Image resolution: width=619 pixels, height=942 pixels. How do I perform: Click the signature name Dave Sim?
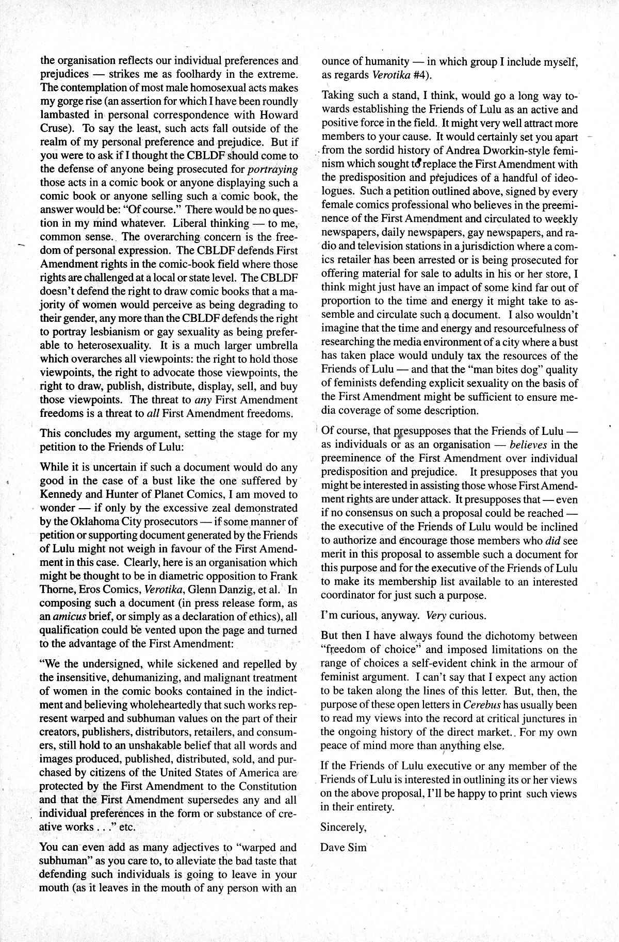tap(344, 847)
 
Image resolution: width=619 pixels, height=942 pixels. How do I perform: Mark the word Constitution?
tap(264, 787)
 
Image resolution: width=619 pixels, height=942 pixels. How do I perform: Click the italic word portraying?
tap(273, 169)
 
